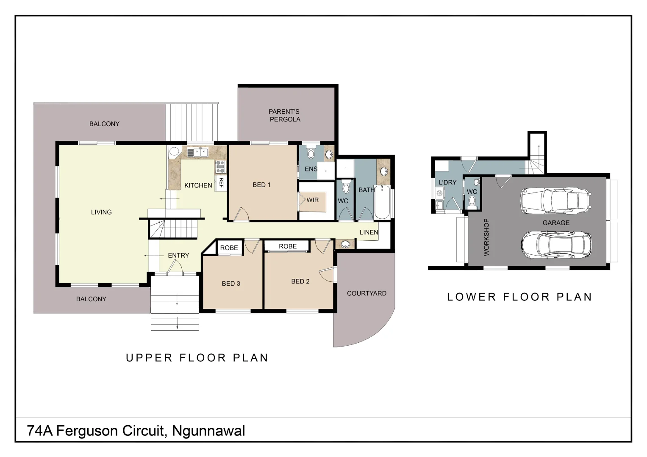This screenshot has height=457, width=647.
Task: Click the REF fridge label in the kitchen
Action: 222,183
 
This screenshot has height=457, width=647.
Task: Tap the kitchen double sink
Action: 197,152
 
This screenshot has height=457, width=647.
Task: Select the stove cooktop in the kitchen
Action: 220,167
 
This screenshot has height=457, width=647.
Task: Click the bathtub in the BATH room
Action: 382,202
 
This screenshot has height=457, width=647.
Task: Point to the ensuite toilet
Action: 311,153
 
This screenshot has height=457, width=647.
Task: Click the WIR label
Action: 313,200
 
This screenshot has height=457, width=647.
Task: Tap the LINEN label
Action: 369,232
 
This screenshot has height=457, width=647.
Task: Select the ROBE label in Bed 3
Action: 229,248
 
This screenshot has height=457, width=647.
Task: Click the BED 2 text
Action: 300,281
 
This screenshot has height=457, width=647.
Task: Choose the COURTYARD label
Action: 367,293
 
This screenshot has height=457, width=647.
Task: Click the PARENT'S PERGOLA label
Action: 284,116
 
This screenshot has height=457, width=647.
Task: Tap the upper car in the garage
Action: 556,201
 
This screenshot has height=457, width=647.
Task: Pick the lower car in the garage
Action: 556,245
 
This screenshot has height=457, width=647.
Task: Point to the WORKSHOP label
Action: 486,237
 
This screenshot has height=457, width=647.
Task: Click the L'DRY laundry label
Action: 448,182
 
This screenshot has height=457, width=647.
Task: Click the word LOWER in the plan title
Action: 472,297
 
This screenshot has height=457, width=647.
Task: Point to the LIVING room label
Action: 101,212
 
